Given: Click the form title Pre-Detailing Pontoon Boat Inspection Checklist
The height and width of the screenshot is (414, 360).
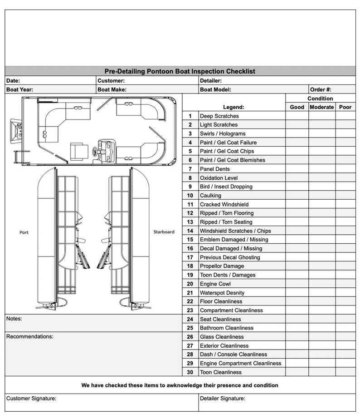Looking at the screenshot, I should point(180,71).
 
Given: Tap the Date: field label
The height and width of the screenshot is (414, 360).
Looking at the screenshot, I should point(13,81).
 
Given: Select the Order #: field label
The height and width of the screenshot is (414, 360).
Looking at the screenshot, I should point(321,89).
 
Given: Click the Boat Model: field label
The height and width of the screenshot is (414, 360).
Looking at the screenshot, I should point(215,89).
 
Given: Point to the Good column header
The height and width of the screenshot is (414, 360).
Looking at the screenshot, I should point(297,107).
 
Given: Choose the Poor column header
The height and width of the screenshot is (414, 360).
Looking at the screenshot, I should point(345,107).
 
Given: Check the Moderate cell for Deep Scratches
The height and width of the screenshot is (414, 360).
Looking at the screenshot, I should point(322,116).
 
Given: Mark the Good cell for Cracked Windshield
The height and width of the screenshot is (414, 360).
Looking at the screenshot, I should point(297,205).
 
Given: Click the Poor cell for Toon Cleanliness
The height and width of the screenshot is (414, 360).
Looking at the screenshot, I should point(345,372).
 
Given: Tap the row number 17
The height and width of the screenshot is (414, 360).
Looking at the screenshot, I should point(190,257).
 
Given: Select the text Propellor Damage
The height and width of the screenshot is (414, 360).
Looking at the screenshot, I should point(222,266).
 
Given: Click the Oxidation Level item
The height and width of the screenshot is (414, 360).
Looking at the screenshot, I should point(219,178).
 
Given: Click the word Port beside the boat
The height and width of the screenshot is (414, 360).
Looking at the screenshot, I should point(24,232).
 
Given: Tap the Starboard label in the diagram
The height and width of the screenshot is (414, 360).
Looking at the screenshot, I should point(164,232).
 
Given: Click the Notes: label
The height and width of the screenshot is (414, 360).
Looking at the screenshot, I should point(14,319).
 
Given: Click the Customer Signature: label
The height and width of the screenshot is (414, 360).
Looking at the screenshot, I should point(31,399).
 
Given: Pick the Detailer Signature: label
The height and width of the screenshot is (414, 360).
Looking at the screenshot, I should point(223,399).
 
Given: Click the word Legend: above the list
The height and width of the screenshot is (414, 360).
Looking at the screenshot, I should point(234,107).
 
